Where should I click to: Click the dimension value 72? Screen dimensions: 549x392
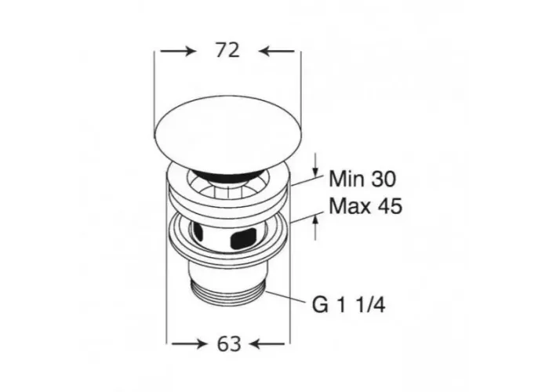(227, 50)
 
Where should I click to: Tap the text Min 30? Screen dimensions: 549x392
(362, 179)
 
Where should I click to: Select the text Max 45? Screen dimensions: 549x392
(365, 205)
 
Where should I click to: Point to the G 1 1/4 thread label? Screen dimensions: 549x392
(349, 305)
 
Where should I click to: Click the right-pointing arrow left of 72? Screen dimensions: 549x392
(177, 52)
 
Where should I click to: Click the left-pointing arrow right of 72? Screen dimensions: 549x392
(277, 52)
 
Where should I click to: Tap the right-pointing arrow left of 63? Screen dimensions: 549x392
(188, 344)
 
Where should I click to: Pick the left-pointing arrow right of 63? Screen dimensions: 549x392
(268, 344)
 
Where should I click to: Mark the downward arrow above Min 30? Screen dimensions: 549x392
(315, 164)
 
